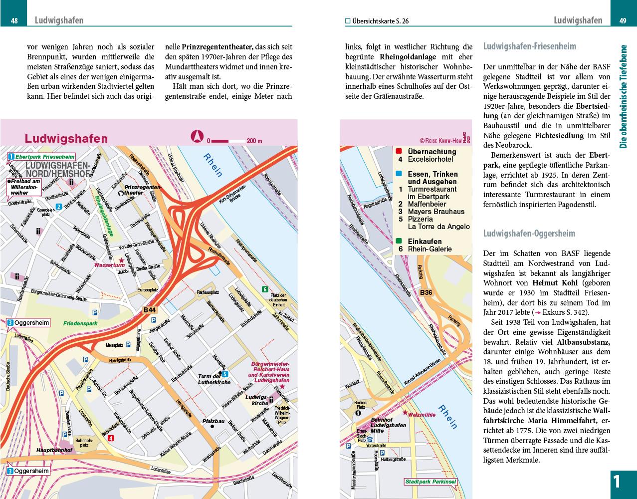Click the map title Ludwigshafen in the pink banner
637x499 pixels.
pos(66,138)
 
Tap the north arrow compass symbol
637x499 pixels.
pos(198,136)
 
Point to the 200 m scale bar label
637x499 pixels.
pos(254,141)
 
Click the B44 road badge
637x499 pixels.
pos(150,310)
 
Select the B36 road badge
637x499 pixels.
pos(426,292)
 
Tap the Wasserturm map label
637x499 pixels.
pos(109,265)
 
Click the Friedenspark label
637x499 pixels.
pos(80,323)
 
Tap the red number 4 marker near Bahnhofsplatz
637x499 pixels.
pos(111,438)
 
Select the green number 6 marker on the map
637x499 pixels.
pos(265,289)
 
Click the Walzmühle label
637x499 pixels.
pos(422,414)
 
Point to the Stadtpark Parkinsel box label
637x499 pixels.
pos(430,482)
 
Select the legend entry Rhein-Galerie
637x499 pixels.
pos(429,249)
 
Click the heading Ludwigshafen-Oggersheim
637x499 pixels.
pos(529,234)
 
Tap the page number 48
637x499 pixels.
pos(14,21)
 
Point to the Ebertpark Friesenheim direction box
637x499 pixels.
pos(41,157)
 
